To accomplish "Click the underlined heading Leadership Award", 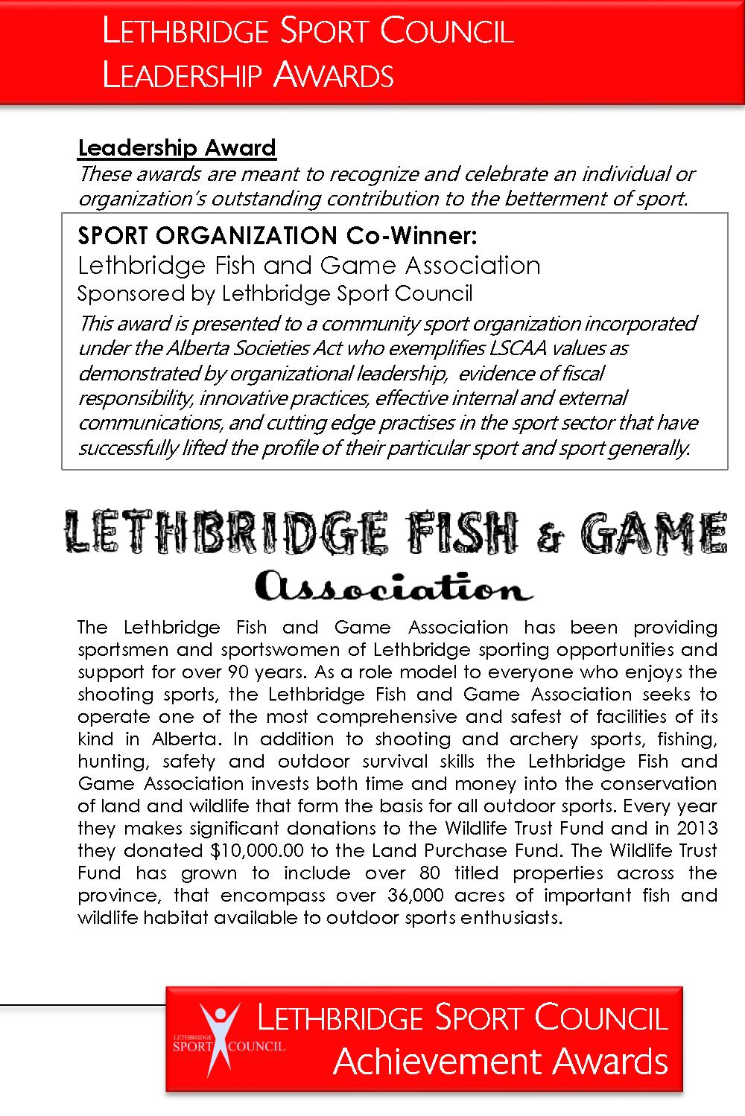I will (177, 148).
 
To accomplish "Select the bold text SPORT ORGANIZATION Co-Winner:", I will (276, 236).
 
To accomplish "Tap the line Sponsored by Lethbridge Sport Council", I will (275, 293).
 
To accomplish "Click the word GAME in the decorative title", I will (652, 533).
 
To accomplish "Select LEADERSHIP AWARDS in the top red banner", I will (248, 75).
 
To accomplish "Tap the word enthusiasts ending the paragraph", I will (510, 917).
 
